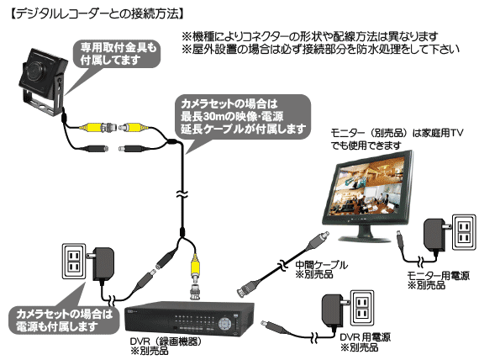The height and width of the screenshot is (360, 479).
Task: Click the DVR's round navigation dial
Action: pyautogui.click(x=225, y=323)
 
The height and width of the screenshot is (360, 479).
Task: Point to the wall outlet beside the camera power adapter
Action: pyautogui.click(x=74, y=261)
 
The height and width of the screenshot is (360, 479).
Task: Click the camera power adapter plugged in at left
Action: pyautogui.click(x=103, y=264)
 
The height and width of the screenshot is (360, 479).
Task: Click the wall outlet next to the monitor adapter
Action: pyautogui.click(x=464, y=231)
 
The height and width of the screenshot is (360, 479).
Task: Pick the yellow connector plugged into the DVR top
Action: pyautogui.click(x=195, y=266)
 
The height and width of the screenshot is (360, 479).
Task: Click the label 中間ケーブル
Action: pyautogui.click(x=321, y=265)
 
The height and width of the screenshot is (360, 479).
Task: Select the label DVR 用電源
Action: pyautogui.click(x=365, y=337)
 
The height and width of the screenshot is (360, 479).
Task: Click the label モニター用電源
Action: pyautogui.click(x=438, y=275)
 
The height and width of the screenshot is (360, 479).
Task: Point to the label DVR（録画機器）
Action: pyautogui.click(x=166, y=341)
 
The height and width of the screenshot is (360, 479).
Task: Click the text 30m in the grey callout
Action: pyautogui.click(x=213, y=116)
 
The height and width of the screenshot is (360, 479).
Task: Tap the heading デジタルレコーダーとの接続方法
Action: pyautogui.click(x=97, y=13)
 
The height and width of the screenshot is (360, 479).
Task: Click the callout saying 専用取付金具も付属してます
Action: pyautogui.click(x=118, y=54)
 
